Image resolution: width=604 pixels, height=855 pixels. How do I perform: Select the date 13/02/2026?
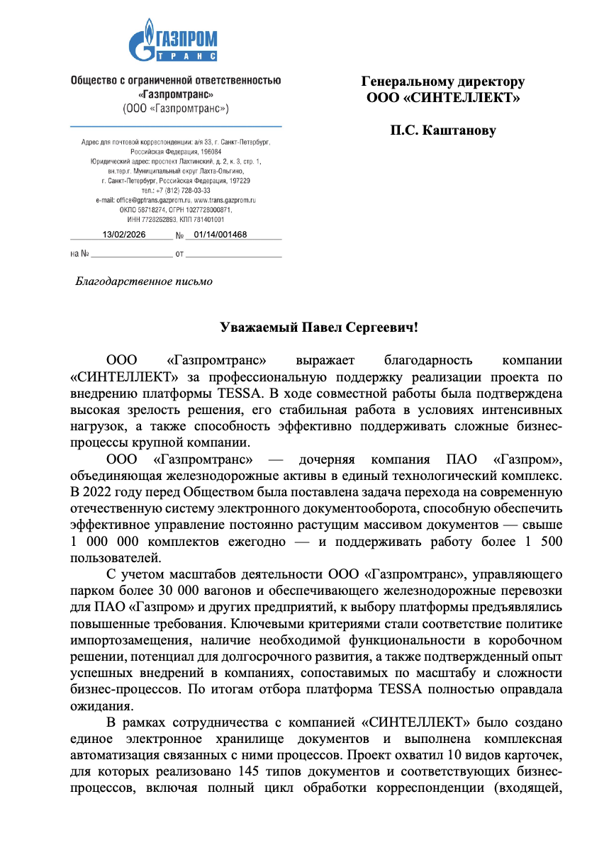[124, 235]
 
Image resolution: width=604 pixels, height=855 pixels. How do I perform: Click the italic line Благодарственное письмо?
[144, 281]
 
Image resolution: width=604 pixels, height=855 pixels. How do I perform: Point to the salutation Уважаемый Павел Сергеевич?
[320, 328]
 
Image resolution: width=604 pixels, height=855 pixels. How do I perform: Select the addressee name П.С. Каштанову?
[443, 130]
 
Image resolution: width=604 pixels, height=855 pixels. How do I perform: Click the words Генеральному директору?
[443, 82]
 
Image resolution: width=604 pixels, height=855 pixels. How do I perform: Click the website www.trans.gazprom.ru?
[225, 201]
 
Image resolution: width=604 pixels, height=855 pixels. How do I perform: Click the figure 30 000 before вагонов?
[182, 590]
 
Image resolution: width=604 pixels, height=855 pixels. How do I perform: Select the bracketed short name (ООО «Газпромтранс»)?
[176, 108]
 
